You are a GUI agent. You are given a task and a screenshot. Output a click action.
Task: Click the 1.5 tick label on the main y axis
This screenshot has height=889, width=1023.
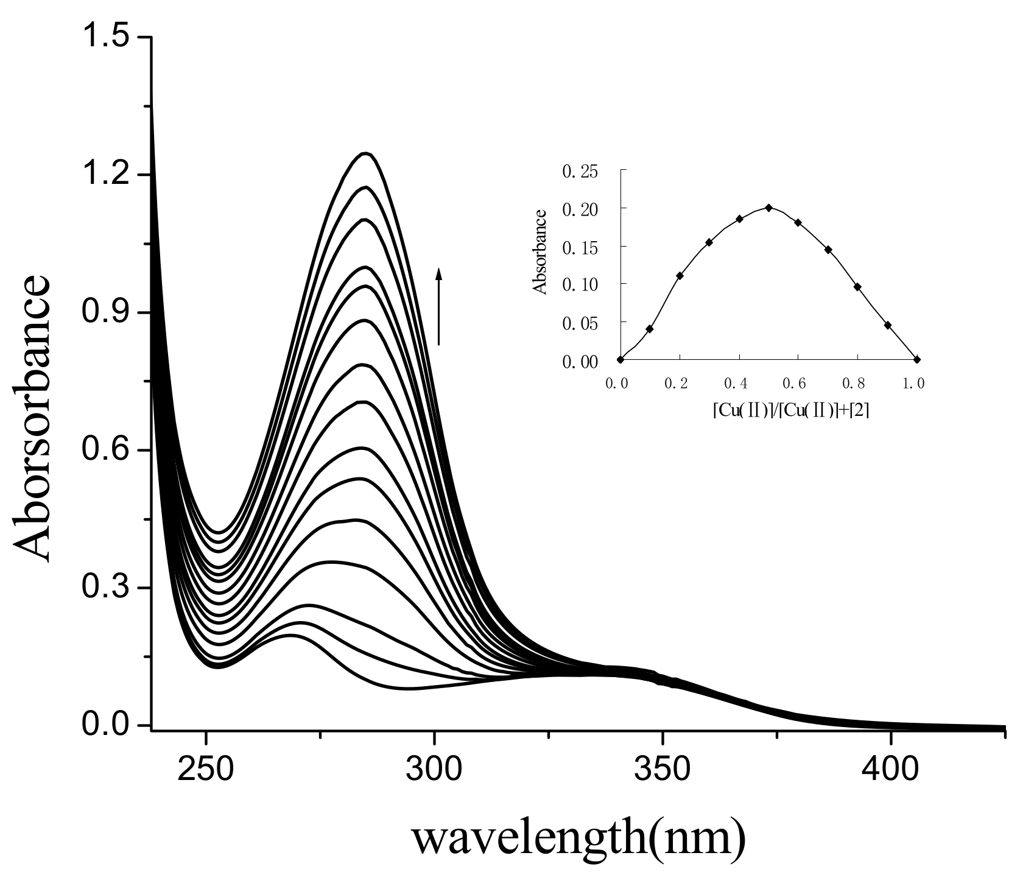[x=107, y=38]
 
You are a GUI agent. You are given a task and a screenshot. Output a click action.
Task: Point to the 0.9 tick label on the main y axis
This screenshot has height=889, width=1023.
[x=107, y=314]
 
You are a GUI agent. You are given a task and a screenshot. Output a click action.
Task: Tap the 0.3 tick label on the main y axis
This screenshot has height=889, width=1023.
[x=107, y=589]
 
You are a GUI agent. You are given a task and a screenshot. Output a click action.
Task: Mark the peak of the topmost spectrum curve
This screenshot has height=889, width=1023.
[x=365, y=153]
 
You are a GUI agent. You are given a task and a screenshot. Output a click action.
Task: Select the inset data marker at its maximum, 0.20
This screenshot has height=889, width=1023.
[x=768, y=208]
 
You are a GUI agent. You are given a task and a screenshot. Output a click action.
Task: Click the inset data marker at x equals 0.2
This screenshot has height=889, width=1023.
[x=680, y=275]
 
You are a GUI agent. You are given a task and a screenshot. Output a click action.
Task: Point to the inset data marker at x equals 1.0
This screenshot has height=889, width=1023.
[x=917, y=359]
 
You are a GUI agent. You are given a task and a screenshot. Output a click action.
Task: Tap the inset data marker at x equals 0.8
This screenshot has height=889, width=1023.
[x=857, y=287]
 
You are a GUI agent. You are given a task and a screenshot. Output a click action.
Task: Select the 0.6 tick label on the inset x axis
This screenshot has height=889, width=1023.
[x=798, y=384]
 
